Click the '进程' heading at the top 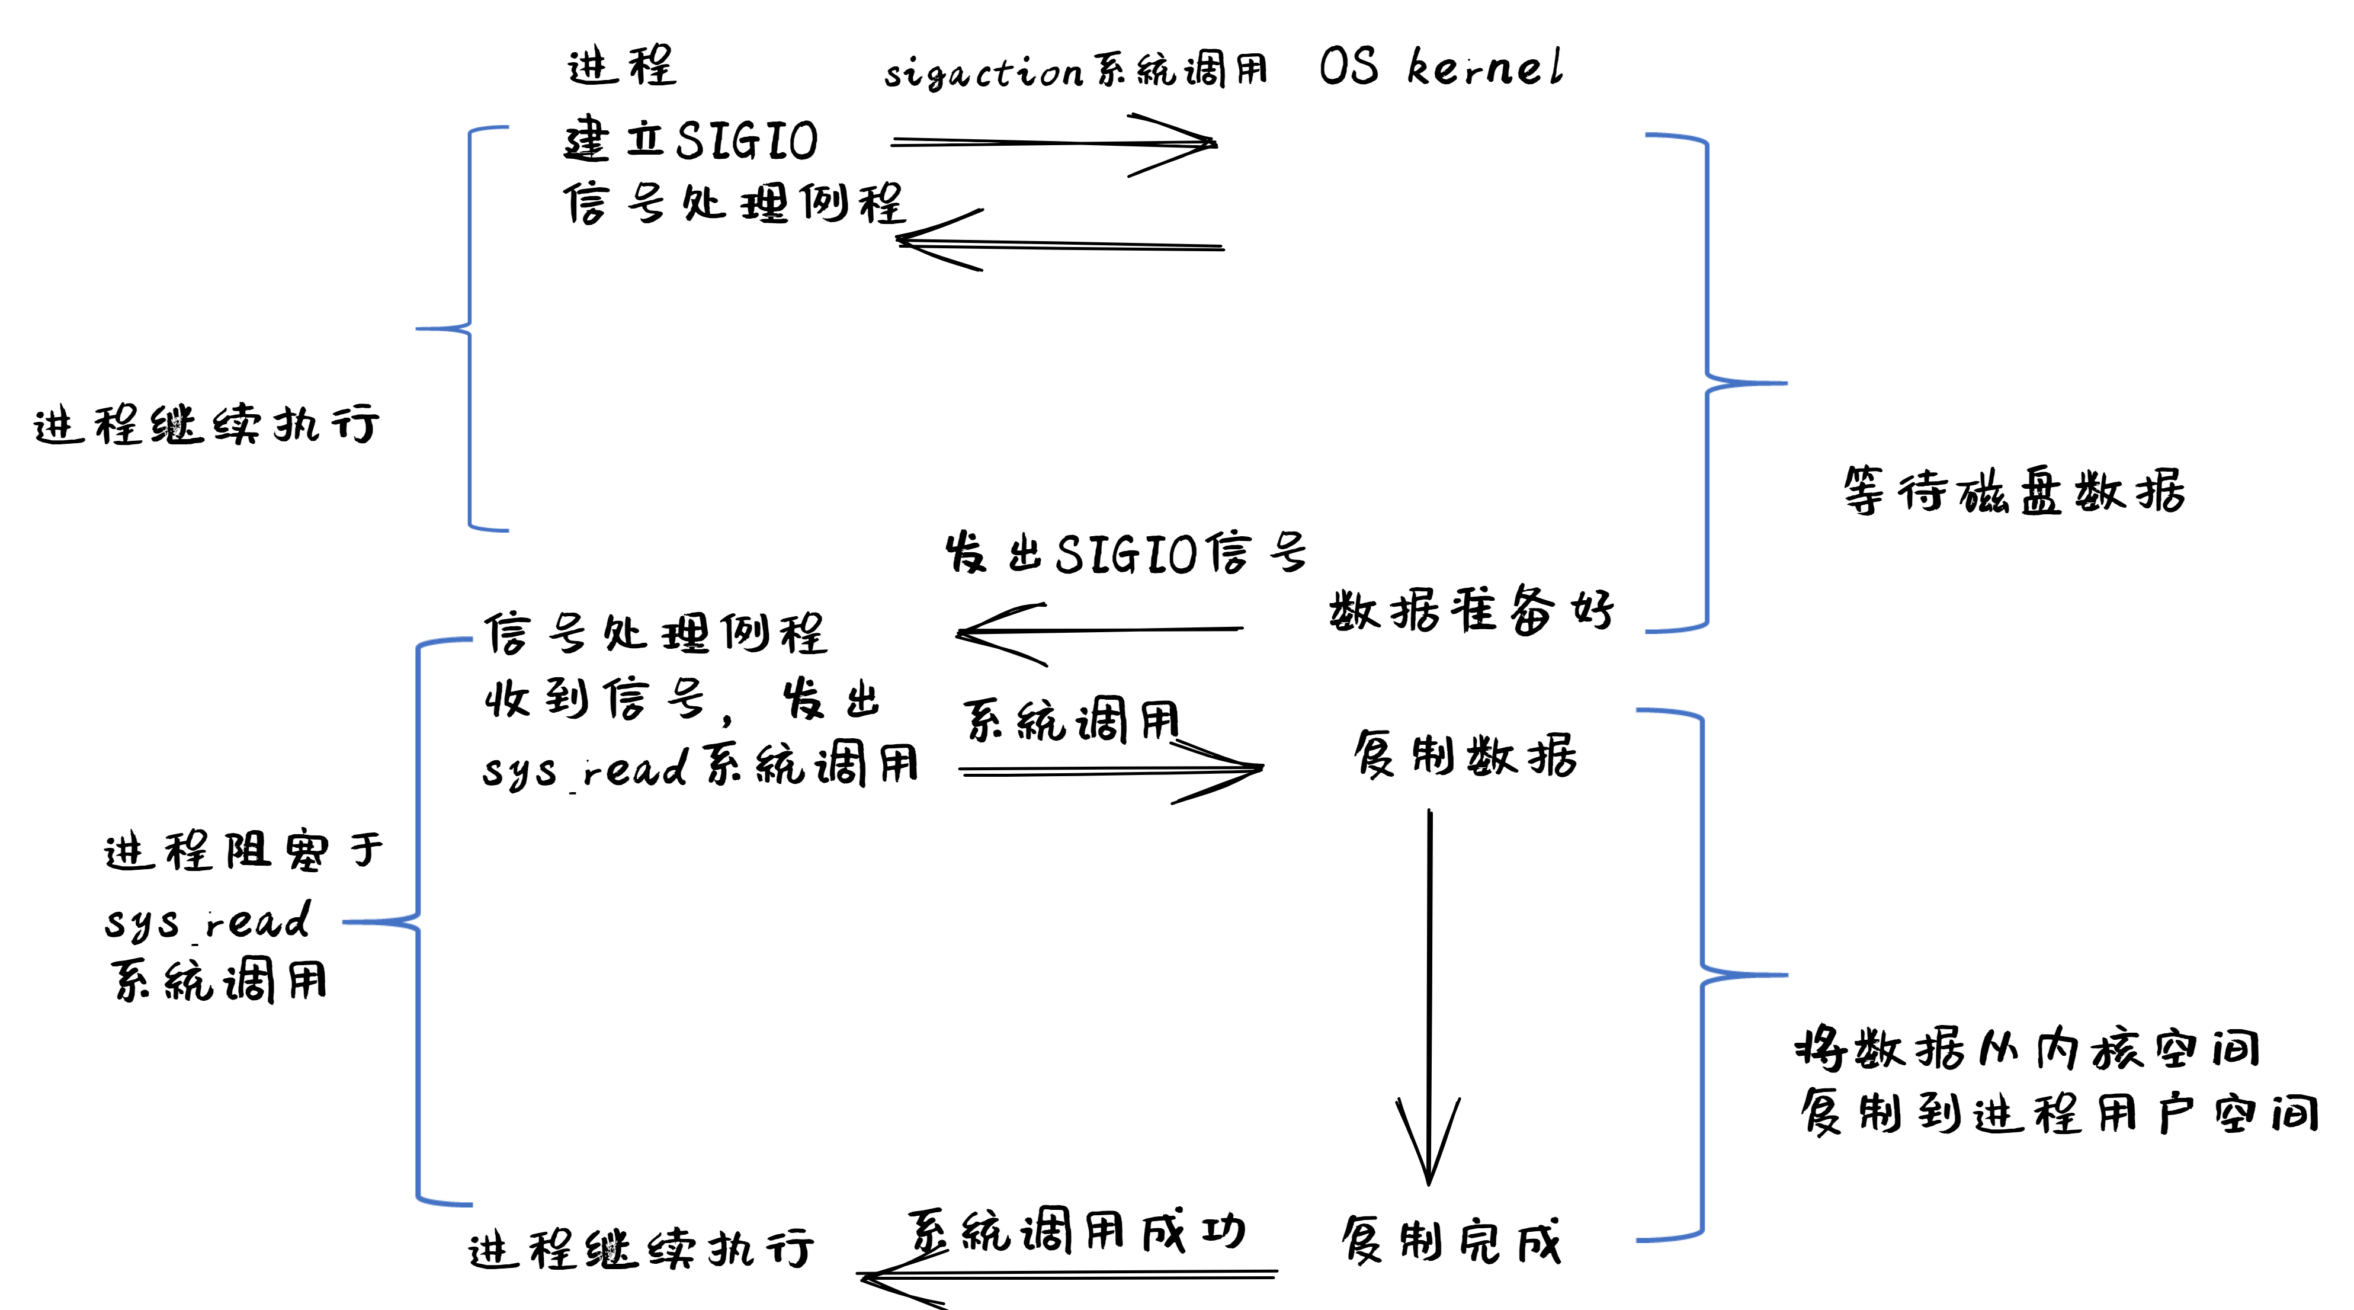pyautogui.click(x=621, y=66)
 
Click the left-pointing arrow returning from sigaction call pyautogui.click(x=1060, y=243)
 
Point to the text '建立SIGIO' pyautogui.click(x=690, y=140)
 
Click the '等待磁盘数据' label pyautogui.click(x=2013, y=491)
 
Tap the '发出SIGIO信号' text pyautogui.click(x=1126, y=553)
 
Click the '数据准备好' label pyautogui.click(x=1471, y=609)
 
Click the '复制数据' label pyautogui.click(x=1465, y=755)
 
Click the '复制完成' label pyautogui.click(x=1451, y=1241)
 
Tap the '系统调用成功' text pyautogui.click(x=1076, y=1231)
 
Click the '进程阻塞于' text pyautogui.click(x=243, y=851)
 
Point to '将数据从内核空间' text pyautogui.click(x=2027, y=1049)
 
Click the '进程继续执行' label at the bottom pyautogui.click(x=640, y=1249)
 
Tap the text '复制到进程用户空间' pyautogui.click(x=2059, y=1113)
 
